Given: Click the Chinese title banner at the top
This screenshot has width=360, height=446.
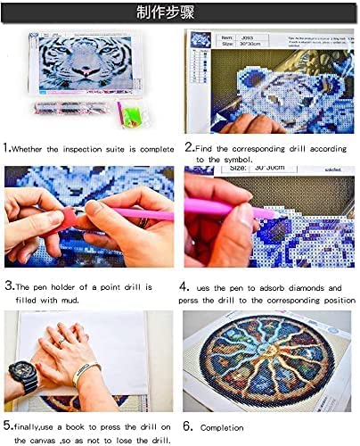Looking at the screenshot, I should coord(179,13).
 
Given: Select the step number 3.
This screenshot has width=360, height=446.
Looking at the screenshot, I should coord(8,287).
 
